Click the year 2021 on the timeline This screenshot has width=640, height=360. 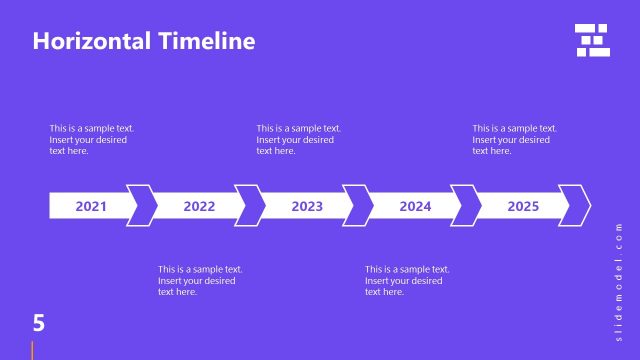click(91, 207)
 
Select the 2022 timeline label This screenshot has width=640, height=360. click(199, 207)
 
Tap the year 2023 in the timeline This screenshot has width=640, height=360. click(307, 207)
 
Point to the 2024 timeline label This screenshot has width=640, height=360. click(415, 207)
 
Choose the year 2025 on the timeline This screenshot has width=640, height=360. click(523, 207)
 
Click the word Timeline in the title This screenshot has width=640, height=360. click(206, 41)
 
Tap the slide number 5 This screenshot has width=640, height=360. click(39, 322)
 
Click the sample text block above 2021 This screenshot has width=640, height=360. click(92, 140)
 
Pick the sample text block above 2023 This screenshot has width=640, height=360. click(298, 140)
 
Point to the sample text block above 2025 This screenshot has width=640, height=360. click(514, 140)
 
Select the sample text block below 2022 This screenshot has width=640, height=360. click(200, 280)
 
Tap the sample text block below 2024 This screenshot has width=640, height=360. click(407, 280)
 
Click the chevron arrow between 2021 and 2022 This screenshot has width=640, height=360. click(143, 206)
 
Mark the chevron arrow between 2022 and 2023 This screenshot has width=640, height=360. click(251, 206)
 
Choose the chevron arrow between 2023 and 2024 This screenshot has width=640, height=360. click(359, 206)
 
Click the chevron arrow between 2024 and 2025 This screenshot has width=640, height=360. click(467, 206)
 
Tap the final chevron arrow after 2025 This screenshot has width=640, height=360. click(575, 206)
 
